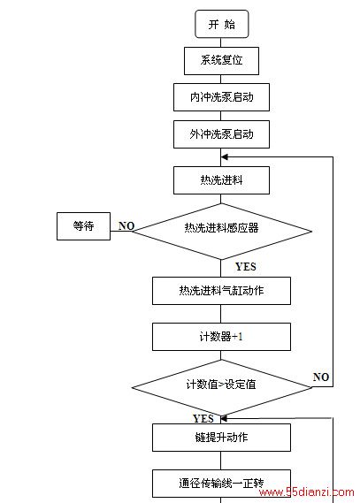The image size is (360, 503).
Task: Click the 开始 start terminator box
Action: (x=222, y=24)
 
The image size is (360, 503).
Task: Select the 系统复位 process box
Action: (x=221, y=61)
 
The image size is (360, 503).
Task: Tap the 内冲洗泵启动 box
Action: (x=221, y=97)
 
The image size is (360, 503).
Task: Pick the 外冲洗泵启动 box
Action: (x=221, y=134)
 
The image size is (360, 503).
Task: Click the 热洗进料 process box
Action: (x=221, y=180)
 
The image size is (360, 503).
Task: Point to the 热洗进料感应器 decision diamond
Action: (x=221, y=231)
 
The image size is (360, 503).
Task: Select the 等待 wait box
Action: (x=83, y=225)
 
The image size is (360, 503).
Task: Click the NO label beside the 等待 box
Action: (x=126, y=225)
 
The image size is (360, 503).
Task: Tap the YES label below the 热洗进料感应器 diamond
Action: (x=246, y=267)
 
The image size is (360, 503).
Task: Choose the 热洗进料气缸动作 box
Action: (x=221, y=291)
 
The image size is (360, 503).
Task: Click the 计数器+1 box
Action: (x=221, y=337)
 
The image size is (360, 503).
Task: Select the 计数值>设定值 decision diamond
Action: (x=221, y=387)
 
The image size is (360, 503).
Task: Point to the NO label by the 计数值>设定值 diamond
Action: (x=321, y=377)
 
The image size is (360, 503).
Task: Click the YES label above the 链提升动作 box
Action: (x=203, y=418)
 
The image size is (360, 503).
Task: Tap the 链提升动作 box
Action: (x=221, y=438)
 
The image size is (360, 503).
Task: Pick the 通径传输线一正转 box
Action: (x=221, y=484)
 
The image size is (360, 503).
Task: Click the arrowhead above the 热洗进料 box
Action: (x=225, y=156)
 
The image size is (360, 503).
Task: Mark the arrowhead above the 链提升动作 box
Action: (x=224, y=419)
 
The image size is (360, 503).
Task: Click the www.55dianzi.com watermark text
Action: (x=307, y=492)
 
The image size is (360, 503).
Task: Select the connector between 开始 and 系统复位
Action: (x=221, y=42)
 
